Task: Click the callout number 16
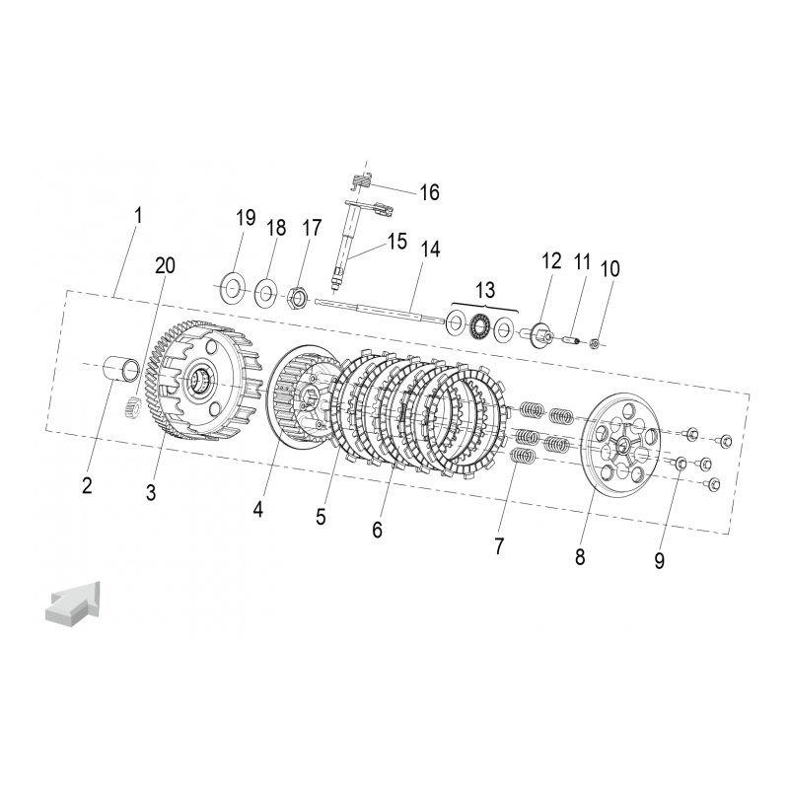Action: coord(429,192)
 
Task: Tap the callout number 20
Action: coord(165,265)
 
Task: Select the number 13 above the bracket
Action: coord(485,290)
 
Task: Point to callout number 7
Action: coord(499,546)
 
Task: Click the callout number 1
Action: coord(137,216)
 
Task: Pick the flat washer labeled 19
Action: coord(232,287)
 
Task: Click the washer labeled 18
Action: coord(265,292)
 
